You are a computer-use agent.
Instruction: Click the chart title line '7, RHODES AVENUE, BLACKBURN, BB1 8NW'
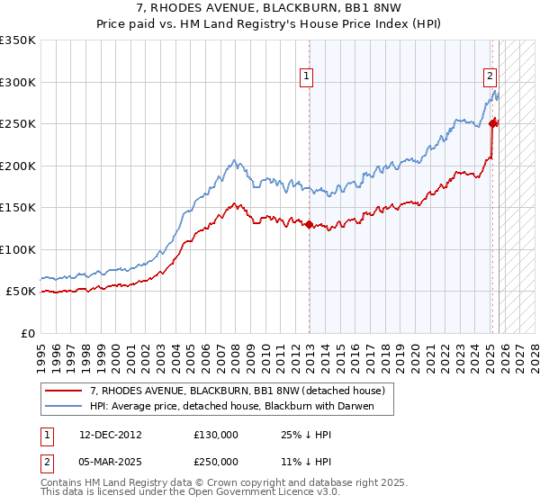[270, 8]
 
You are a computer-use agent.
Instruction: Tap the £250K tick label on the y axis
[17, 124]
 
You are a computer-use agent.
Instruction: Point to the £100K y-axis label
[17, 249]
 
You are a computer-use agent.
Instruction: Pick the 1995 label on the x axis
[40, 352]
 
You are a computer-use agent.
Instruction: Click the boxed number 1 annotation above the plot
[307, 76]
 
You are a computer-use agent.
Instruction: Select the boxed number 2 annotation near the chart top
[490, 76]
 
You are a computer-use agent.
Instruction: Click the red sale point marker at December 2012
[310, 224]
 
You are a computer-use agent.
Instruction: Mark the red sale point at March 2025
[493, 124]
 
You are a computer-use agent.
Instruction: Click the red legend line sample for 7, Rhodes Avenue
[63, 391]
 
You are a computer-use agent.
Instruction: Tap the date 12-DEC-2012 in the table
[109, 434]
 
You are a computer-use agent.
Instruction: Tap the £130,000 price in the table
[216, 434]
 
